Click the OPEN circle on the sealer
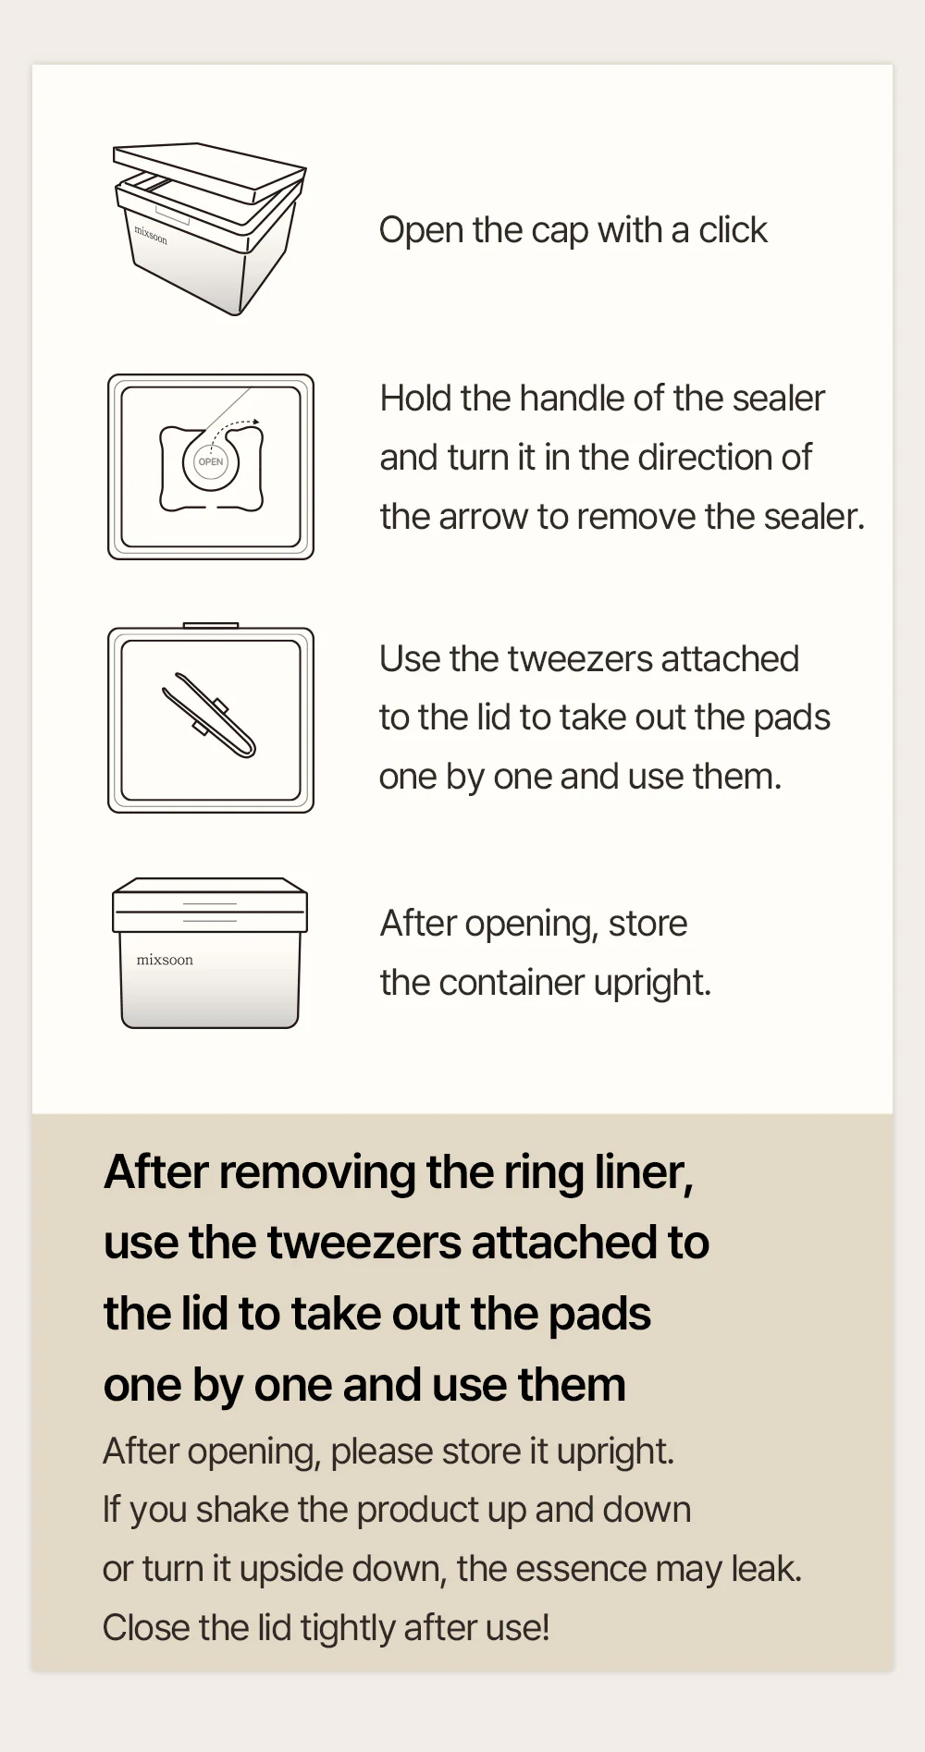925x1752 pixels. click(211, 461)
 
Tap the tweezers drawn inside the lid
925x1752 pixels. click(209, 715)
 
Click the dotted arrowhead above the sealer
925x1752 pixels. click(256, 422)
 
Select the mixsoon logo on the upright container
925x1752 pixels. click(165, 960)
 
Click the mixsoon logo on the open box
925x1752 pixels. click(151, 236)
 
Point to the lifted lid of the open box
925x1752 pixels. click(209, 172)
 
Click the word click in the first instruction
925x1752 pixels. click(733, 229)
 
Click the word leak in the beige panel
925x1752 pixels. click(767, 1569)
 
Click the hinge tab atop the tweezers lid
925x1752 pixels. click(211, 626)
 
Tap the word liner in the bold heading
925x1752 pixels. click(644, 1172)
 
